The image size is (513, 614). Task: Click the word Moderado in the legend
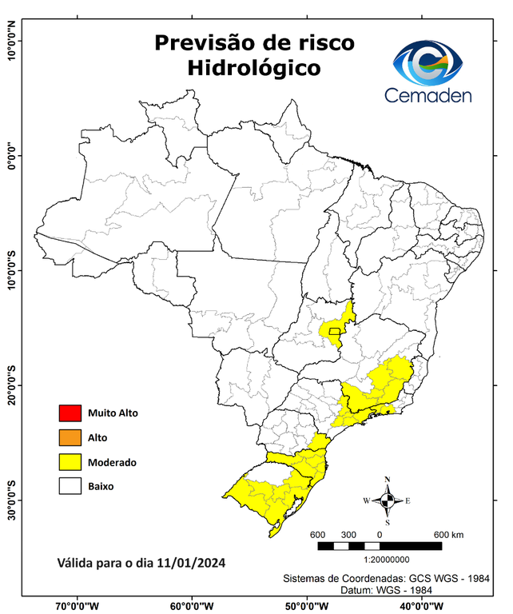pyautogui.click(x=112, y=462)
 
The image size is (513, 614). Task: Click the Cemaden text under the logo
pyautogui.click(x=428, y=95)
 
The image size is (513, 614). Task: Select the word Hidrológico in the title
pyautogui.click(x=253, y=68)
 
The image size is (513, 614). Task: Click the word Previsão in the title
pyautogui.click(x=200, y=42)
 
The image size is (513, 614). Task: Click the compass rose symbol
pyautogui.click(x=387, y=500)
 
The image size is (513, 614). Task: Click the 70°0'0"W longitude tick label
pyautogui.click(x=77, y=605)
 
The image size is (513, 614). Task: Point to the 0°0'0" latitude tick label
pyautogui.click(x=11, y=155)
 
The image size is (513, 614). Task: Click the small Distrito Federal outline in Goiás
pyautogui.click(x=334, y=330)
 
